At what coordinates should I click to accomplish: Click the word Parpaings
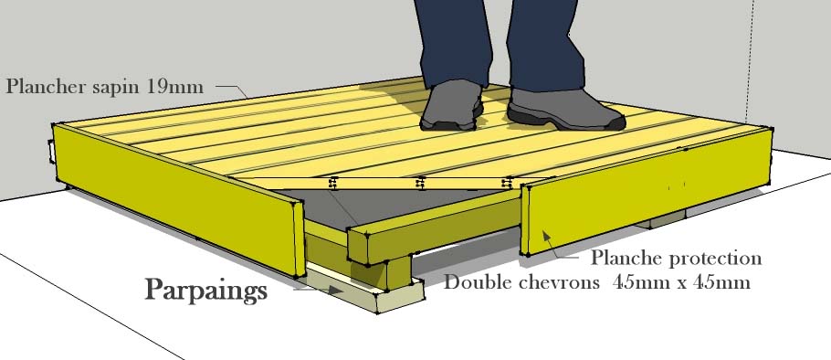pyautogui.click(x=205, y=291)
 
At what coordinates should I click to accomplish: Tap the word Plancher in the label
pyautogui.click(x=46, y=86)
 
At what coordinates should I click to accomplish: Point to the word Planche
pyautogui.click(x=627, y=259)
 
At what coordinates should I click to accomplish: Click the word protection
pyautogui.click(x=715, y=259)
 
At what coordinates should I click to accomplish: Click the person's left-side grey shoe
pyautogui.click(x=451, y=105)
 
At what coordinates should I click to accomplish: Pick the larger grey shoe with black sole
pyautogui.click(x=564, y=110)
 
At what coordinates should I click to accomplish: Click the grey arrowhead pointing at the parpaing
pyautogui.click(x=334, y=290)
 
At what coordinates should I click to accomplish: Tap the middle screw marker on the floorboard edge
pyautogui.click(x=420, y=184)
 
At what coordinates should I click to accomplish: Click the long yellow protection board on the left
pyautogui.click(x=179, y=199)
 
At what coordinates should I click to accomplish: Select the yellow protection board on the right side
pyautogui.click(x=646, y=192)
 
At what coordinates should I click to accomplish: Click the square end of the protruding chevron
pyautogui.click(x=358, y=247)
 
